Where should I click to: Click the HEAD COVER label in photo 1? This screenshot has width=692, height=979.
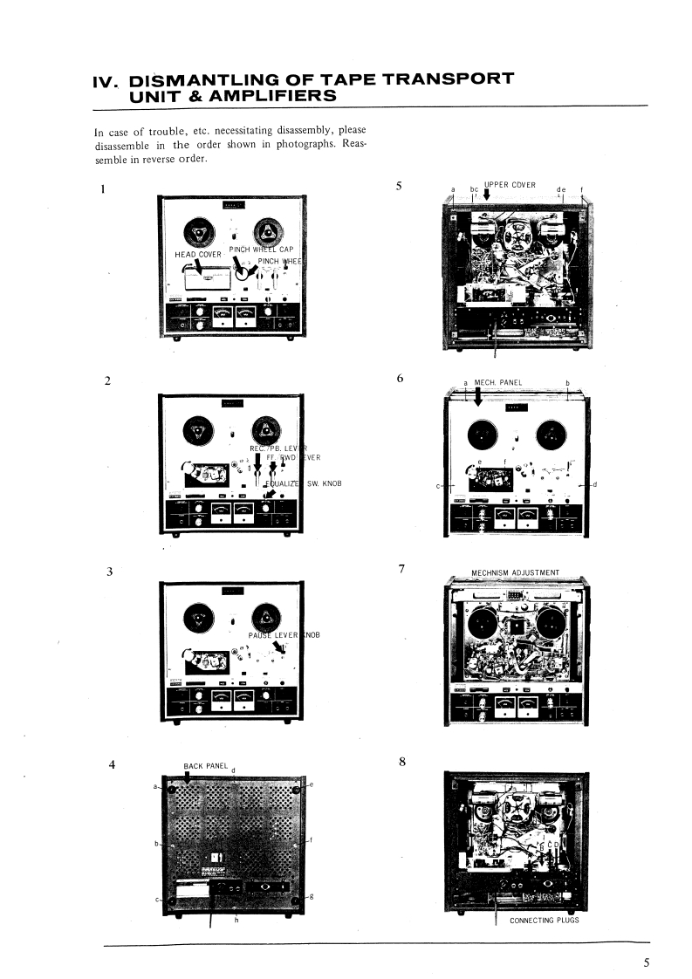[199, 255]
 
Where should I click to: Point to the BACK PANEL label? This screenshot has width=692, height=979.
[206, 766]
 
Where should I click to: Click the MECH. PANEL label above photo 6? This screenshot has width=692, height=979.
[498, 382]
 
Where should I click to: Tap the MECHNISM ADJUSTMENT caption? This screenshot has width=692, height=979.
[515, 573]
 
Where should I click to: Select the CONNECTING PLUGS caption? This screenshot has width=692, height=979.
[544, 920]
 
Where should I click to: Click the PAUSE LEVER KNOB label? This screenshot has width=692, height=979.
[285, 634]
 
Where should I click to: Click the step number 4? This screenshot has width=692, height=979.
[112, 765]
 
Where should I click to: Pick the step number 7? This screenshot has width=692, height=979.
[401, 570]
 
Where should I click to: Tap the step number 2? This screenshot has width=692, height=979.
[107, 380]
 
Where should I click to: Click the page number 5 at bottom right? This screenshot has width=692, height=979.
[647, 962]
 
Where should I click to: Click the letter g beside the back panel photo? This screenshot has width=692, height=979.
[312, 897]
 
